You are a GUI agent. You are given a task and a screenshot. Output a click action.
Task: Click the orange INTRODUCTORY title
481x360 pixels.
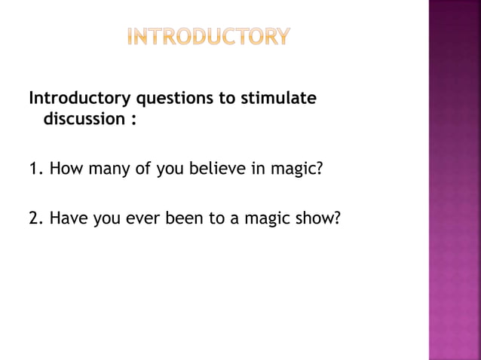(x=207, y=37)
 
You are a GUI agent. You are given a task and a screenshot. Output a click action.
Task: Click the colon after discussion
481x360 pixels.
(x=132, y=121)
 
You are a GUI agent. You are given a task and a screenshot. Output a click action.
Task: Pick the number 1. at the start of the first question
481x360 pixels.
(x=36, y=166)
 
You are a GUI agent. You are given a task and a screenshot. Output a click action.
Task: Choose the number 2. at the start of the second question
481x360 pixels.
(x=36, y=218)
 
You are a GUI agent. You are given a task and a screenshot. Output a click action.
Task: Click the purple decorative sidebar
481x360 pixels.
(x=455, y=180)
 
